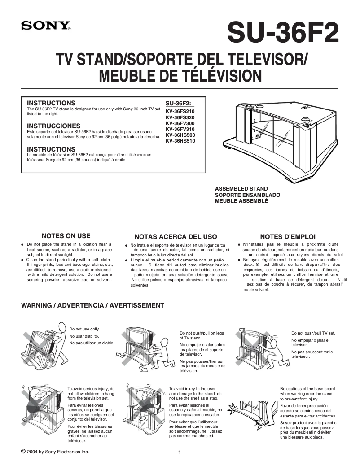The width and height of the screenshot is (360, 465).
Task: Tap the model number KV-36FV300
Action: (x=180, y=123)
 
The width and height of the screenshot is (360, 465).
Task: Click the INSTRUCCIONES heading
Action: (x=54, y=126)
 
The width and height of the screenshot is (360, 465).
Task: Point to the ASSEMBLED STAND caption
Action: (x=241, y=189)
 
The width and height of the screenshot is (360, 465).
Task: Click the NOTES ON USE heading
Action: (x=66, y=236)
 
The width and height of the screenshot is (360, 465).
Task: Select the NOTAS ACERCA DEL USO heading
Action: (x=176, y=236)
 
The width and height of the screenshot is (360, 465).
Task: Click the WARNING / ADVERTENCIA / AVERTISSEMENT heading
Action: (x=93, y=305)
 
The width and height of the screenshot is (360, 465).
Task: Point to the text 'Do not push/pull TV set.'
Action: (x=313, y=333)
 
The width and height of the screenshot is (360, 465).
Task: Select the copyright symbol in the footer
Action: (x=23, y=451)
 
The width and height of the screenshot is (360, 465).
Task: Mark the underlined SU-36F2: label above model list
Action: (x=178, y=103)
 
